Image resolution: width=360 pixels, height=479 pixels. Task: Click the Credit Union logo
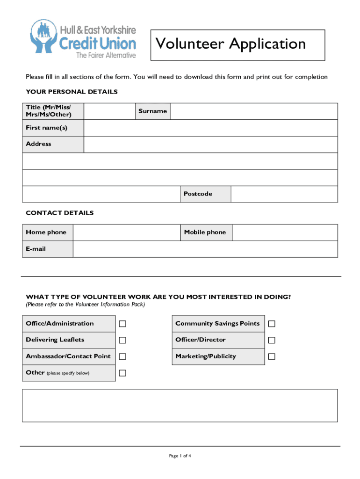point(84,39)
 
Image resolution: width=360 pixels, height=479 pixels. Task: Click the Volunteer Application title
point(231,44)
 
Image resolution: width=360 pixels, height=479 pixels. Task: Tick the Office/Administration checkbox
point(122,324)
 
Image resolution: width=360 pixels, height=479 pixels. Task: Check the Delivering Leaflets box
point(122,340)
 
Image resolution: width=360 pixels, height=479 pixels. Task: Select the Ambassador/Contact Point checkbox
point(122,356)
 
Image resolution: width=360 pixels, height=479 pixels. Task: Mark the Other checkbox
point(122,373)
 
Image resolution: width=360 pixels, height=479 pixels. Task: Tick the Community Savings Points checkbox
point(272,324)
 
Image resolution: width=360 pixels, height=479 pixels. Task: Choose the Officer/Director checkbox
point(272,340)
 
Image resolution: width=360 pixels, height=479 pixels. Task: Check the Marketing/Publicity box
point(272,356)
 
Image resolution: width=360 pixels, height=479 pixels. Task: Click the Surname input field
point(253,111)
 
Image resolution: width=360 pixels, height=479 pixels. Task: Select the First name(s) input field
point(210,128)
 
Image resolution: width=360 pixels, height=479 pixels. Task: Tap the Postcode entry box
point(284,194)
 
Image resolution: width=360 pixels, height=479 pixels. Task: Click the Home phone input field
point(127,232)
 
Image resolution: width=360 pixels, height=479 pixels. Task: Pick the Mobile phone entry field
point(284,232)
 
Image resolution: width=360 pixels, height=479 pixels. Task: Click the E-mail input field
point(205,249)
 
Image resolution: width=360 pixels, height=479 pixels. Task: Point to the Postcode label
point(198,194)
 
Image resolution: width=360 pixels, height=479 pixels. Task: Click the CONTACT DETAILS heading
point(60,213)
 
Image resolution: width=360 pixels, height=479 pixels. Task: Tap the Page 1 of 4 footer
point(180,456)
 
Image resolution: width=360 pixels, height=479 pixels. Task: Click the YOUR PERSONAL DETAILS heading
point(72,92)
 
